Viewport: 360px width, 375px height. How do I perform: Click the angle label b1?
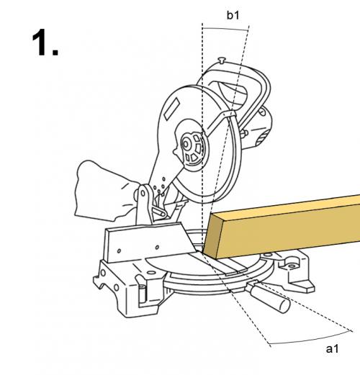click(233, 15)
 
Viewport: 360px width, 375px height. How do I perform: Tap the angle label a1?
click(332, 348)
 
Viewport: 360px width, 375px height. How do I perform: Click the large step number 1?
click(45, 42)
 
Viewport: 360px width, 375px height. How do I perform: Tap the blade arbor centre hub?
click(186, 144)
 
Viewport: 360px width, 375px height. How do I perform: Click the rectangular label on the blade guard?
click(172, 109)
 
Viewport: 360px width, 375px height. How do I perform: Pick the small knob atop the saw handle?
click(222, 60)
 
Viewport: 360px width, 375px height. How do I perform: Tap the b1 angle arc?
click(225, 29)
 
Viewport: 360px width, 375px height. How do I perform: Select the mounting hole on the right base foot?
click(292, 266)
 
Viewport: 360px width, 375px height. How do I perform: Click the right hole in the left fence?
click(157, 247)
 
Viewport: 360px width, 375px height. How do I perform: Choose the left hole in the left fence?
click(119, 251)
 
